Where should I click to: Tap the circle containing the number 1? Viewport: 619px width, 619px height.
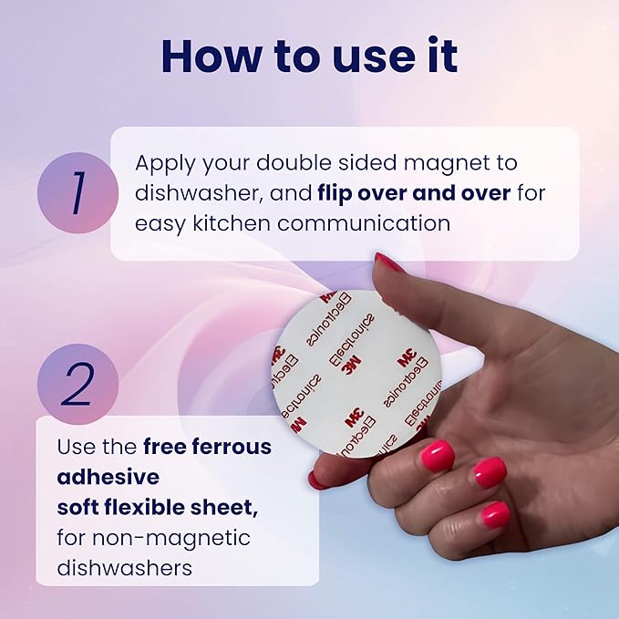pos(77,192)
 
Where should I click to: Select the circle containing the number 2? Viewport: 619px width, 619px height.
pos(77,384)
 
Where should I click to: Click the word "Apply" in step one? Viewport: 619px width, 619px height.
pos(166,164)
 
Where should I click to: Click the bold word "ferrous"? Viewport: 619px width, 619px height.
pos(229,448)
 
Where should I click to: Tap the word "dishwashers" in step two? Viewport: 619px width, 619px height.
pos(124,566)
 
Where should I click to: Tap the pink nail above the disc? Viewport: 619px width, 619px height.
pos(390,263)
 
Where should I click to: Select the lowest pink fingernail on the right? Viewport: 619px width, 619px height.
pos(495,514)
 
